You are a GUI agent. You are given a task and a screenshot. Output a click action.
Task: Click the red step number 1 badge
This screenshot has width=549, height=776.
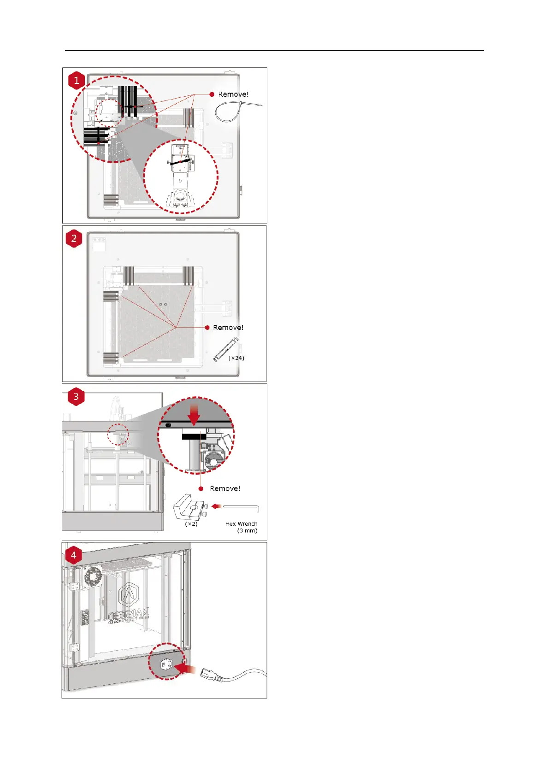(x=77, y=80)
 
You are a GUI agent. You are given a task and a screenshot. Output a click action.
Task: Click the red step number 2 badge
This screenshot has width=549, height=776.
(x=74, y=239)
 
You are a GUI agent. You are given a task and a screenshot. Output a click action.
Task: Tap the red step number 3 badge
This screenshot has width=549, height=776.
(x=76, y=397)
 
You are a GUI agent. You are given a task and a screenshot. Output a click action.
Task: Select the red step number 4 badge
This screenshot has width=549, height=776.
(x=73, y=555)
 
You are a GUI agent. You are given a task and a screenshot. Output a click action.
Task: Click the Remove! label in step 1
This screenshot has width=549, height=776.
(x=233, y=94)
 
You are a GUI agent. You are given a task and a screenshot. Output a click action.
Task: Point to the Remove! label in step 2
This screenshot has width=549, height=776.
(x=228, y=327)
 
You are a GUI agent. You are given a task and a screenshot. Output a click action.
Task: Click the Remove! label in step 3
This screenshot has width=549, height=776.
(x=225, y=488)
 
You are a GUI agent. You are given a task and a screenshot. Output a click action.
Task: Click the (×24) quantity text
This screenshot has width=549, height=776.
(x=236, y=358)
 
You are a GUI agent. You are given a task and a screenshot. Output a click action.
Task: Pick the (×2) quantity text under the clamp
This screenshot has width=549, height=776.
(x=191, y=524)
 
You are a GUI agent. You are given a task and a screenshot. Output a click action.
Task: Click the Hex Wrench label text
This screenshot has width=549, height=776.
(x=242, y=524)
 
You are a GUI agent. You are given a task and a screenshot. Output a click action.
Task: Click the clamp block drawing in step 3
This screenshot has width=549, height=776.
(x=188, y=507)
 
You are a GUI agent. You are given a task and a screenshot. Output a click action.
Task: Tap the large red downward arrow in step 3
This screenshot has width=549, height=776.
(x=194, y=413)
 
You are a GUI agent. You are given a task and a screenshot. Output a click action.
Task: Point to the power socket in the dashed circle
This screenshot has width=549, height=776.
(x=166, y=664)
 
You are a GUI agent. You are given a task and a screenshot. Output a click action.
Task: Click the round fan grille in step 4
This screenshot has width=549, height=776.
(x=93, y=577)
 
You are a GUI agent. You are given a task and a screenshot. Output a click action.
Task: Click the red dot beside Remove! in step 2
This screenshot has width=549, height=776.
(x=207, y=327)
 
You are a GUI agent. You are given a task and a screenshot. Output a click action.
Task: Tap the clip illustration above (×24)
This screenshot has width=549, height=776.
(x=226, y=350)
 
